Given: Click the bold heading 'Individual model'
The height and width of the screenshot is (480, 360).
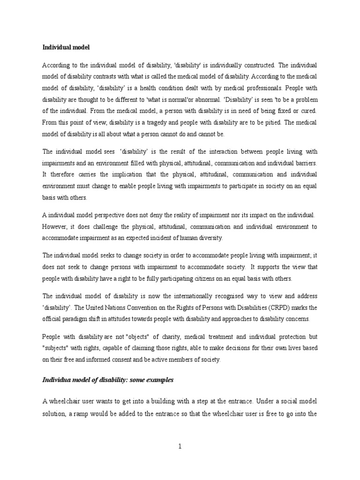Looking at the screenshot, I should coord(66,47).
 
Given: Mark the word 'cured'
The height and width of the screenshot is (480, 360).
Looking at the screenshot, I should coord(308,111).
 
